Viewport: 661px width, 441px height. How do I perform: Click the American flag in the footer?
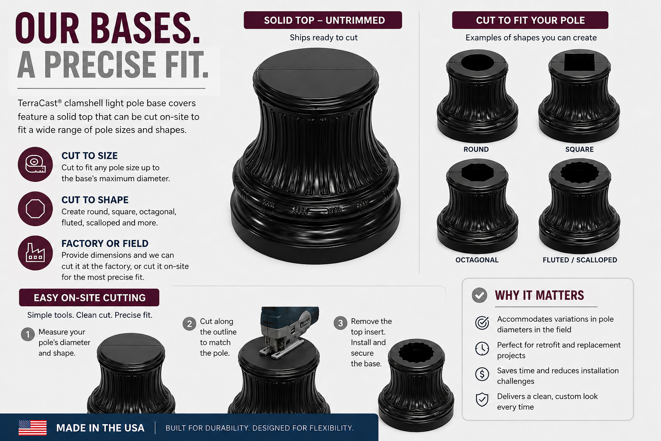pos(32,428)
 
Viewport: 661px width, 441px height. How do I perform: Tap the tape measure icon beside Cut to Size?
pos(35,164)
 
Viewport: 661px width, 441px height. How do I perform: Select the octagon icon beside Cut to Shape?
pos(35,209)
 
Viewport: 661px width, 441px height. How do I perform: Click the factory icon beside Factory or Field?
pos(35,253)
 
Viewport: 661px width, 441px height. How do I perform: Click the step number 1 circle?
pos(28,334)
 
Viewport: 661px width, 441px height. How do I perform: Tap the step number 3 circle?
pos(340,323)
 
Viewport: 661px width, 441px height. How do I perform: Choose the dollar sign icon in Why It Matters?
pos(482,374)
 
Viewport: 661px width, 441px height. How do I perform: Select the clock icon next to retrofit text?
pos(482,348)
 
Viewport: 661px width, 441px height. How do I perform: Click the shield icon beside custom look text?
pos(482,400)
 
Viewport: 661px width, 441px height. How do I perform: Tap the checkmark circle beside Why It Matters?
pos(479,295)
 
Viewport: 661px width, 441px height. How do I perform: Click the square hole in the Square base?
pos(579,62)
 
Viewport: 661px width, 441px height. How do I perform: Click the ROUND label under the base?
pos(476,149)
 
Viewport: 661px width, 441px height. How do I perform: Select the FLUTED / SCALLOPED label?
pos(580,260)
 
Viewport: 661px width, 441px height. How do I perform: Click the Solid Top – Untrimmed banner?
pos(323,20)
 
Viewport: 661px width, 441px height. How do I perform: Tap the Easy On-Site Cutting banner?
pos(89,298)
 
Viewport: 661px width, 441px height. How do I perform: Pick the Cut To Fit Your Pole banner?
pos(530,20)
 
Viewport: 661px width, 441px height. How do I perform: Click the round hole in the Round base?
pos(477,62)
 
